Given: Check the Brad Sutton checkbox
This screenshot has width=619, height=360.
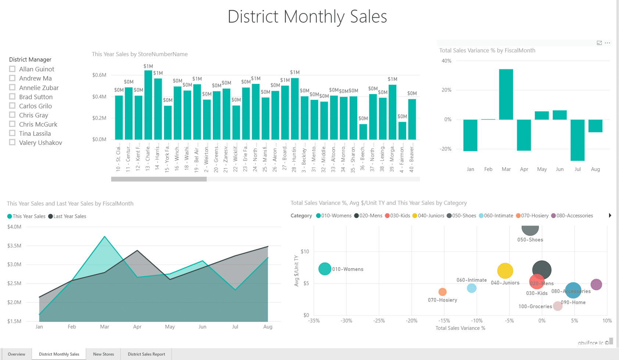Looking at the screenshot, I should (12, 97).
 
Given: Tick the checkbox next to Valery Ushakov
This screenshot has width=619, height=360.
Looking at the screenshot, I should (12, 142).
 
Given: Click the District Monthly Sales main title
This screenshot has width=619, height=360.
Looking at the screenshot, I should (307, 17).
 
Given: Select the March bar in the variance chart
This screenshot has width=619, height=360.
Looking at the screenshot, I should (506, 95).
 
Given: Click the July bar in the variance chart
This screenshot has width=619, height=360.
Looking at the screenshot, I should (577, 140).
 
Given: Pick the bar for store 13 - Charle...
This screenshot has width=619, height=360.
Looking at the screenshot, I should (148, 105).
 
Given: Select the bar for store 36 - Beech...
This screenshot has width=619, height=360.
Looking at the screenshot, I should (363, 131).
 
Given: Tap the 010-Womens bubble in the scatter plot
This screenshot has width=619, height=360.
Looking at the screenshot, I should (325, 269).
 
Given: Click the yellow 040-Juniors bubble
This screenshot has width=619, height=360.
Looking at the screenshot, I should (505, 271).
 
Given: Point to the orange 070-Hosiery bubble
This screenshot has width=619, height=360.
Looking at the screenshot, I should (443, 292).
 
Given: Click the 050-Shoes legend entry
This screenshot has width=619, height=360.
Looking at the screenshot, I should (461, 216).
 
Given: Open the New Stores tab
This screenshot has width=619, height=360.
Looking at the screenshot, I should (103, 354).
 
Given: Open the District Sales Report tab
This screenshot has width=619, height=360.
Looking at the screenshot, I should (146, 354).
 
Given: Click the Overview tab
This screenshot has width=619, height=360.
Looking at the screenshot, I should (17, 354).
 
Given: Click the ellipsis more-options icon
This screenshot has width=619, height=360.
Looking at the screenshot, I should (607, 43).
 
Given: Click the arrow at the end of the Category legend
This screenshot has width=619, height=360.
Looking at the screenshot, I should (610, 215).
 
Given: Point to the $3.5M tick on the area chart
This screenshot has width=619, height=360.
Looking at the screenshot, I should (14, 246).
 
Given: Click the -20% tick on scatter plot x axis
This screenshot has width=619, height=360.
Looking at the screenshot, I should (411, 321).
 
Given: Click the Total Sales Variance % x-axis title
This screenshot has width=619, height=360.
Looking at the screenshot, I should (460, 328).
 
